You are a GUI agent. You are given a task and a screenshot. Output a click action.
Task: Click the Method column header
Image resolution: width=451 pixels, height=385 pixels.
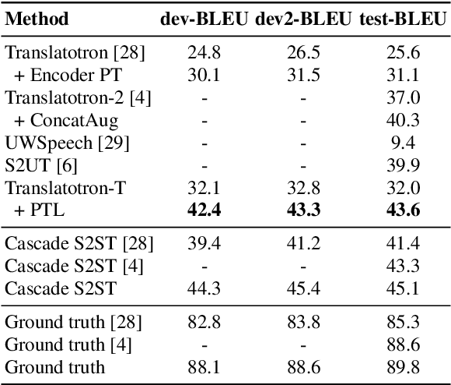[x=36, y=19]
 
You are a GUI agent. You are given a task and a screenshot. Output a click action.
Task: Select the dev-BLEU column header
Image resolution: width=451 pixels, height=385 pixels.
[x=204, y=19]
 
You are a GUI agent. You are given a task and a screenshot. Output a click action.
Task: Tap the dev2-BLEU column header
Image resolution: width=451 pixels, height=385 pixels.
[x=304, y=19]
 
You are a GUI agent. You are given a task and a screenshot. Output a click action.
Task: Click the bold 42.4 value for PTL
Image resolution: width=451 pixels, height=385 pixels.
[x=203, y=210]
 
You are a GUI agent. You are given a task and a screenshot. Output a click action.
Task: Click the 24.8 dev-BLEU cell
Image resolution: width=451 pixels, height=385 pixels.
[x=203, y=54]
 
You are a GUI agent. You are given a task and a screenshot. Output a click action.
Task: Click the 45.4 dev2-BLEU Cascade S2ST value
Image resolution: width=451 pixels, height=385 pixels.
[x=304, y=289]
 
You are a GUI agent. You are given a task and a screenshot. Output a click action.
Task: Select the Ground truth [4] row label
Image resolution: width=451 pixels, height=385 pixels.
[x=63, y=345]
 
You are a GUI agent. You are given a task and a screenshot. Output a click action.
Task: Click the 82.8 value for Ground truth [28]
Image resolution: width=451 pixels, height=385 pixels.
[x=203, y=323]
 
